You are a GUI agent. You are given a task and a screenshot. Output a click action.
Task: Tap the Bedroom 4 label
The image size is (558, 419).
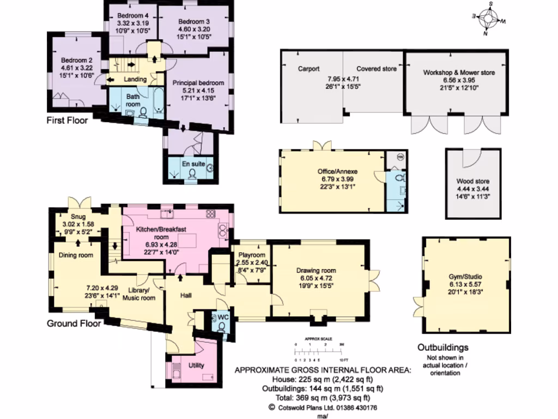pos(132,16)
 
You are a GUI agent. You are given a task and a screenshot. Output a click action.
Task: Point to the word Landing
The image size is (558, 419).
pos(135,80)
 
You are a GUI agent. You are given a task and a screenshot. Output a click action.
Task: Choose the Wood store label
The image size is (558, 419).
pos(472,181)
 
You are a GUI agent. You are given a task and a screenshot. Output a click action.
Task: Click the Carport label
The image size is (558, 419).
pos(308,69)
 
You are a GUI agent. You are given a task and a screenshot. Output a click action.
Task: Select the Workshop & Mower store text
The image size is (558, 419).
pos(459,73)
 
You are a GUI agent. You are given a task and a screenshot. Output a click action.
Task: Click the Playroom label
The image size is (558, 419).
pos(252,255)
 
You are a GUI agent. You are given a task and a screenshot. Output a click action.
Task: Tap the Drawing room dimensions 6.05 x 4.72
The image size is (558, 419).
pos(316,278)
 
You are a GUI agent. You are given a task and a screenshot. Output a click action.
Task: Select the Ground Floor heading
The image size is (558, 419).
pos(73,323)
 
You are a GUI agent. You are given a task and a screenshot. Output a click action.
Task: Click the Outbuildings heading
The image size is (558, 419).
pos(442,348)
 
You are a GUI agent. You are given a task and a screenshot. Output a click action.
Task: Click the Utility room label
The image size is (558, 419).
pos(197,365)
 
